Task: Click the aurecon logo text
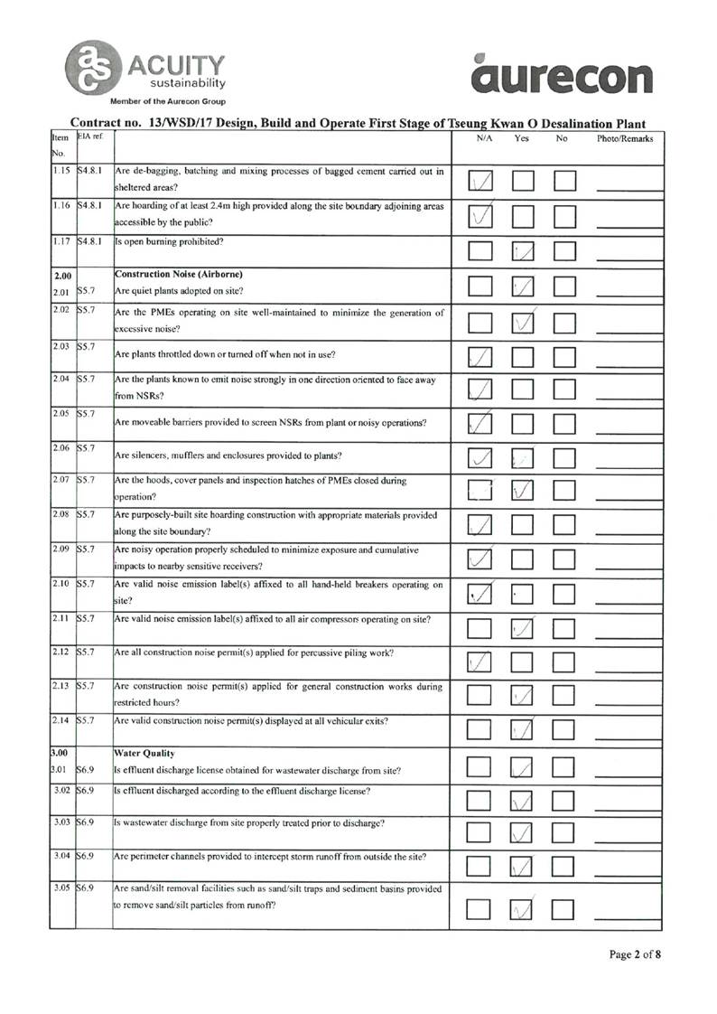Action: pos(562,77)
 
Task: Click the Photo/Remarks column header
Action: pos(625,139)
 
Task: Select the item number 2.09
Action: pos(62,548)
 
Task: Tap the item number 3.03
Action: pos(63,822)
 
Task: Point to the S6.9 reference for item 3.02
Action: pos(87,790)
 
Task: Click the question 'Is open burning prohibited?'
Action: pos(170,241)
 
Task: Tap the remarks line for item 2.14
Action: pos(629,734)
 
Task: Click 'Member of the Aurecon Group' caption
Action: pos(168,101)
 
